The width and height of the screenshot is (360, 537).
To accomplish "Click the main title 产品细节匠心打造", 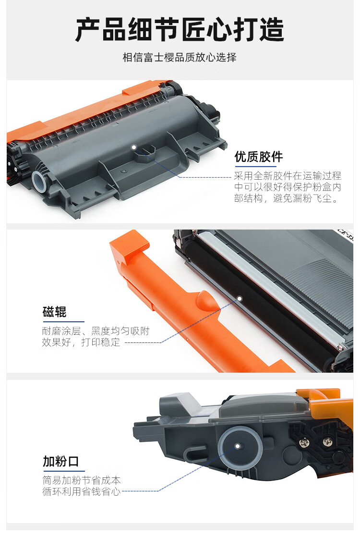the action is (180, 29).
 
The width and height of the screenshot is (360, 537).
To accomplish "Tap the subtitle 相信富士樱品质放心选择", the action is (180, 57).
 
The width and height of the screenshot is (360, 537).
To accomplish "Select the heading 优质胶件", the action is (259, 157).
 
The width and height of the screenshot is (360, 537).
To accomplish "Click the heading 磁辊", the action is (54, 312).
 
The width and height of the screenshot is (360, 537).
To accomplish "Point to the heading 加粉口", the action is (61, 461).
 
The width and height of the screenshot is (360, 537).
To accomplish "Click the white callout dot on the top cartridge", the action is (134, 147).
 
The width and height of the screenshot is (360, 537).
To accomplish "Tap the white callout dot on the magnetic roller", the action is (240, 299).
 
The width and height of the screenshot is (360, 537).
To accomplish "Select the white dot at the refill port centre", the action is (238, 446).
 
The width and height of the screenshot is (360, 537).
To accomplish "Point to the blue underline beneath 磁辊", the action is (64, 322).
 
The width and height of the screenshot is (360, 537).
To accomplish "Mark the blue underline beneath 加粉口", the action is (64, 471).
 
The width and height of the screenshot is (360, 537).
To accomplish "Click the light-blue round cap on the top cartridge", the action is (39, 181).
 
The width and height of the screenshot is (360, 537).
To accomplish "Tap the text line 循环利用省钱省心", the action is (82, 491).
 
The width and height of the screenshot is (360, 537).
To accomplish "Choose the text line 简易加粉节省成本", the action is (82, 480).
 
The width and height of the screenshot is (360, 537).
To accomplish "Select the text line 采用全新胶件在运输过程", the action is (288, 176).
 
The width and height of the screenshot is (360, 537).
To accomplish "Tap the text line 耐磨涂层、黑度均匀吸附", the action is (96, 331).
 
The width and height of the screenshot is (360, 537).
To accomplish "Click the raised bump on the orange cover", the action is (207, 300).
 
